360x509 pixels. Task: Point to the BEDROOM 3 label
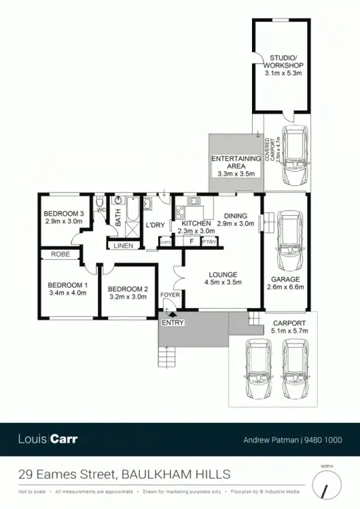pyautogui.click(x=64, y=214)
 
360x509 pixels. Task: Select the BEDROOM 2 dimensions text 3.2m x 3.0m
pyautogui.click(x=128, y=297)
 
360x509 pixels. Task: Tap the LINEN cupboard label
pyautogui.click(x=123, y=246)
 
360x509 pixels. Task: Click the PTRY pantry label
pyautogui.click(x=209, y=241)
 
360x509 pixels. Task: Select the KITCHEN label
pyautogui.click(x=195, y=223)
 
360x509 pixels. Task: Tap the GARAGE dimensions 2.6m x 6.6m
pyautogui.click(x=285, y=287)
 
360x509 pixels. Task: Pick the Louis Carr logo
pyautogui.click(x=48, y=438)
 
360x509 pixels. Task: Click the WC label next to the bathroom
pyautogui.click(x=101, y=210)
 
